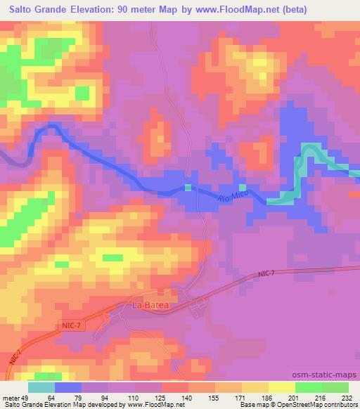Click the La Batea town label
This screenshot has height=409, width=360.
tap(149, 306)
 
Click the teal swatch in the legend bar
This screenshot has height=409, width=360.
tap(41, 387)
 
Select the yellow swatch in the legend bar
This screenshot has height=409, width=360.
tap(281, 387)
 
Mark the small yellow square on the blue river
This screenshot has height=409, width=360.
tap(188, 187)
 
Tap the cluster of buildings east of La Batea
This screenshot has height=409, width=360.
tap(198, 304)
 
